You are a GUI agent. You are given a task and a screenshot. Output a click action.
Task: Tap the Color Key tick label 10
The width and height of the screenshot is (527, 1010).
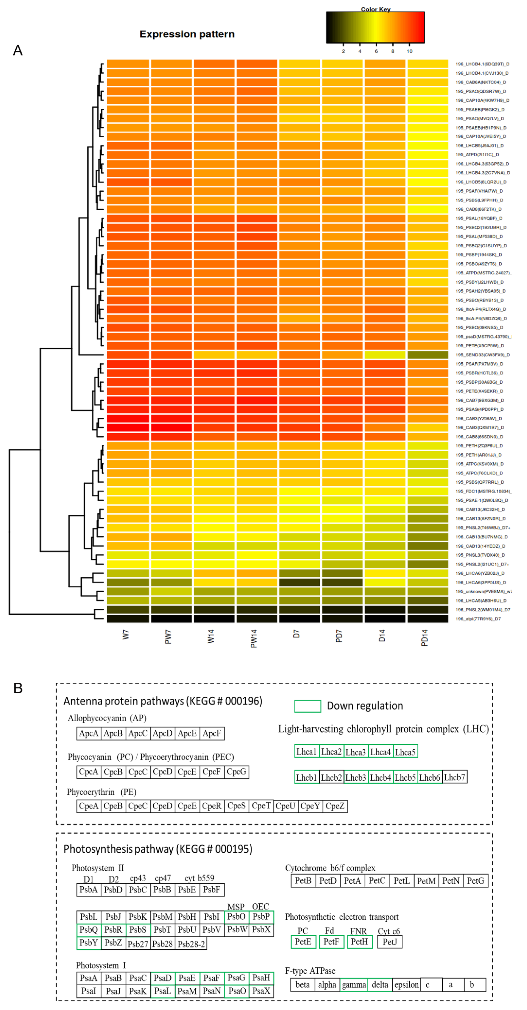point(409,51)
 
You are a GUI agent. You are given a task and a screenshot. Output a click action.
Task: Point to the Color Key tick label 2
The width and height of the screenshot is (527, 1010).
point(343,51)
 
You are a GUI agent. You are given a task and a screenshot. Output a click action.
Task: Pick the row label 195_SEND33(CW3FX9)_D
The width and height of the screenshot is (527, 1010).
point(482,355)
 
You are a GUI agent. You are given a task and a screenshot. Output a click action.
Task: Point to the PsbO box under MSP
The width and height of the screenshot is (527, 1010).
point(236,917)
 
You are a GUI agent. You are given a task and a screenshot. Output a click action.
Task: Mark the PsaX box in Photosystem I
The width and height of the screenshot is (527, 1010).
point(261,991)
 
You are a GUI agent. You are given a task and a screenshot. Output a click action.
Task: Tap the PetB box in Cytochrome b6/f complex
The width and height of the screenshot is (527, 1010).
point(303,881)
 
